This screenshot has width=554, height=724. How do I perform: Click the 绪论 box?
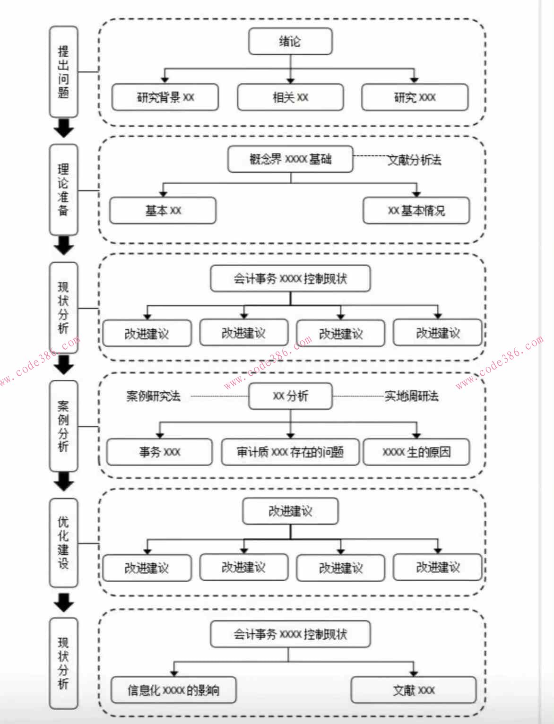click(290, 42)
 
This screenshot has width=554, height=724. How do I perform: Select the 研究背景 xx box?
click(165, 97)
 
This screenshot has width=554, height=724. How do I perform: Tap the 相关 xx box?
click(290, 97)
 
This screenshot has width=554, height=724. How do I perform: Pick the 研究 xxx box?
click(415, 97)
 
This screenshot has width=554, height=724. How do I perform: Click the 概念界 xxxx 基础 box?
click(290, 159)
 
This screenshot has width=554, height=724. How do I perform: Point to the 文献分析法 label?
click(415, 160)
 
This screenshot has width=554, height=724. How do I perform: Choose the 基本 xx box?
click(163, 211)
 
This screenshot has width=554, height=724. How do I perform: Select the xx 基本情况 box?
click(416, 211)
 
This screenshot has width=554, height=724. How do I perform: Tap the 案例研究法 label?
click(153, 396)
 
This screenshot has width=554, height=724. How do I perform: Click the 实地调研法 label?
click(411, 396)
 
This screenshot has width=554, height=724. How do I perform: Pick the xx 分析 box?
click(290, 396)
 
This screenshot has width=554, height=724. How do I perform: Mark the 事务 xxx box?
click(159, 452)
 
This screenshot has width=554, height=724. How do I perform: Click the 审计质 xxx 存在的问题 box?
click(290, 452)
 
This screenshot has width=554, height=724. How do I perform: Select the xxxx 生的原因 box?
click(416, 452)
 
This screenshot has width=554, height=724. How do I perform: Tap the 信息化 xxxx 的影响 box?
click(173, 690)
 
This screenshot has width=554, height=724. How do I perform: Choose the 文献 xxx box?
click(414, 690)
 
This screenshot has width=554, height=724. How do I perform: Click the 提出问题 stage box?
click(64, 72)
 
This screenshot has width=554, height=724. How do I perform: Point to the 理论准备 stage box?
click(64, 190)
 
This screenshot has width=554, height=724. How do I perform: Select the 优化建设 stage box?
click(64, 543)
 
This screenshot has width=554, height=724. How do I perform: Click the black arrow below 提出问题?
click(64, 129)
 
